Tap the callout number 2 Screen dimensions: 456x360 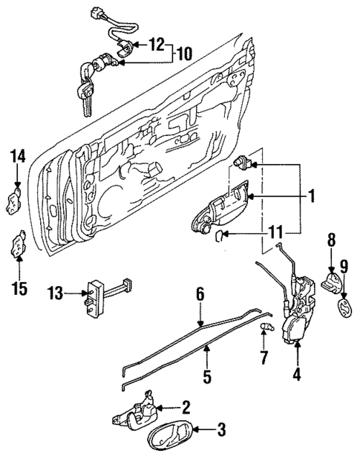(186, 407)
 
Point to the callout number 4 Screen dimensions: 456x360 (297, 375)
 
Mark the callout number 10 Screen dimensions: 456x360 (182, 54)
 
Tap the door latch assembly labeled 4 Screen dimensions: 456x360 (298, 313)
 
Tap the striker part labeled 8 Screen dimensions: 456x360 (333, 281)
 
